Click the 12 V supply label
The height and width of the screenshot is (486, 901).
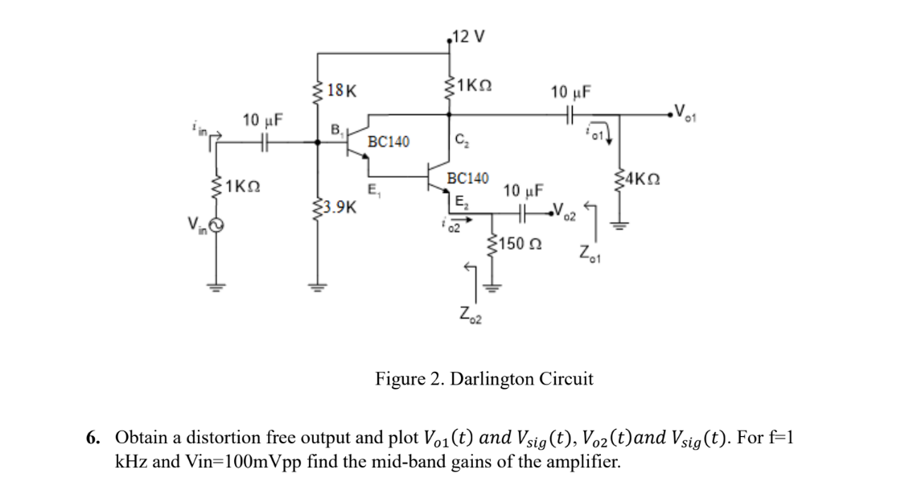pos(469,36)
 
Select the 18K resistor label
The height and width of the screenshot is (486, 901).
pos(343,92)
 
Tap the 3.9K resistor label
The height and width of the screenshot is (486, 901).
pos(340,207)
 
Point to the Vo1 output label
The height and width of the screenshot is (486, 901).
pos(688,110)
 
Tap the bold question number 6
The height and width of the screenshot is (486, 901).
pos(93,439)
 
